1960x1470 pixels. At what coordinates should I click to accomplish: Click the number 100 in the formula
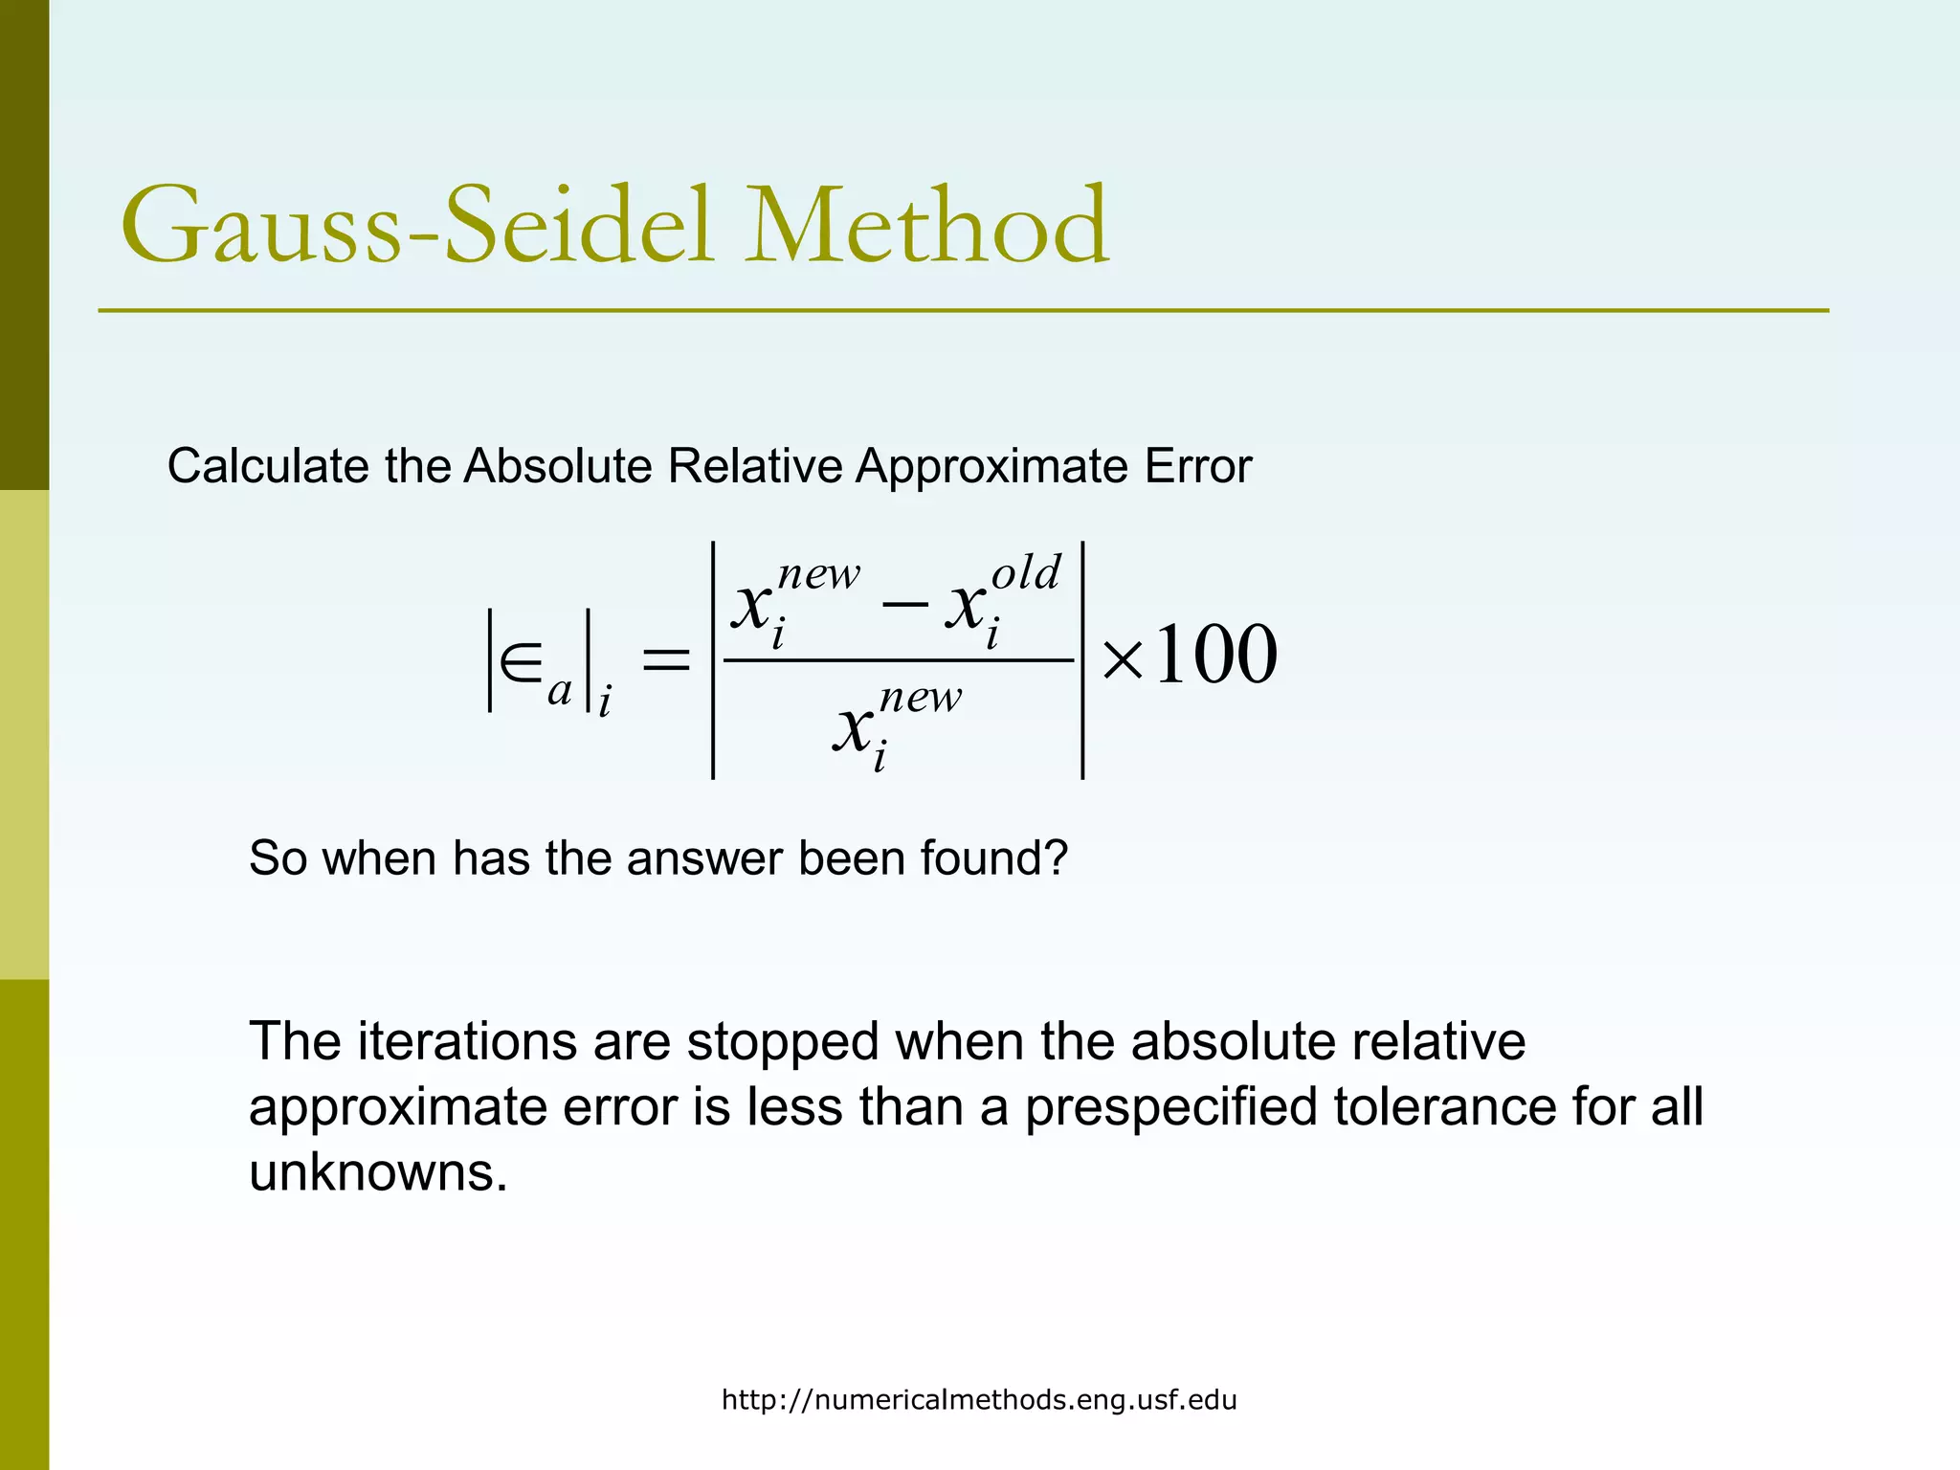click(x=1215, y=656)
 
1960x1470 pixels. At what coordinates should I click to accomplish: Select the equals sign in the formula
click(x=665, y=659)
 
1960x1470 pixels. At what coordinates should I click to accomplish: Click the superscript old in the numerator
click(x=1025, y=574)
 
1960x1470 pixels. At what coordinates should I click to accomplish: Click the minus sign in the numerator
click(x=903, y=603)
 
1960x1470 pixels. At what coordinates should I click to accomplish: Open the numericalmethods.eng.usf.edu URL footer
click(x=978, y=1400)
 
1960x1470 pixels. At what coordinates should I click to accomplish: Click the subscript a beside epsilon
click(x=559, y=691)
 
